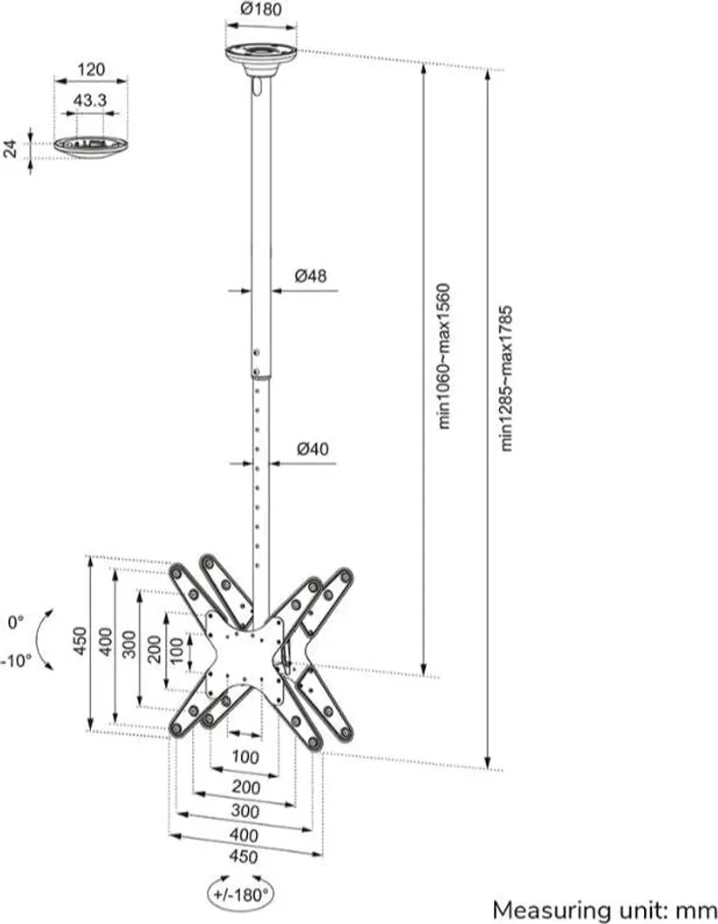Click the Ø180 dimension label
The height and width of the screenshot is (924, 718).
tap(261, 10)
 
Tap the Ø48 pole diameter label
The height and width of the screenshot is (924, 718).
tap(310, 276)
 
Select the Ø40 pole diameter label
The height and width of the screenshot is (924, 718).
tap(313, 449)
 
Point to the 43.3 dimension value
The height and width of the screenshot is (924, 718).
tap(90, 101)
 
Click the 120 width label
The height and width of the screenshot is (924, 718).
tap(91, 69)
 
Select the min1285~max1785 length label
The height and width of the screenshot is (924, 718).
tap(507, 378)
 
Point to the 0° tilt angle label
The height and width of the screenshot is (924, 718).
tap(16, 623)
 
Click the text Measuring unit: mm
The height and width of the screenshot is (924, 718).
tap(604, 910)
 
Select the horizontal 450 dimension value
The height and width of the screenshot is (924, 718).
tap(244, 856)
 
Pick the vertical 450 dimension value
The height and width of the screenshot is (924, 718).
tap(79, 640)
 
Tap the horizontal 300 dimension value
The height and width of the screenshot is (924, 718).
tap(245, 811)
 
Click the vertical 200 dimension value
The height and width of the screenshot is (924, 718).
tap(154, 649)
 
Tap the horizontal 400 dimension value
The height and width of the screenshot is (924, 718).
tap(244, 835)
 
